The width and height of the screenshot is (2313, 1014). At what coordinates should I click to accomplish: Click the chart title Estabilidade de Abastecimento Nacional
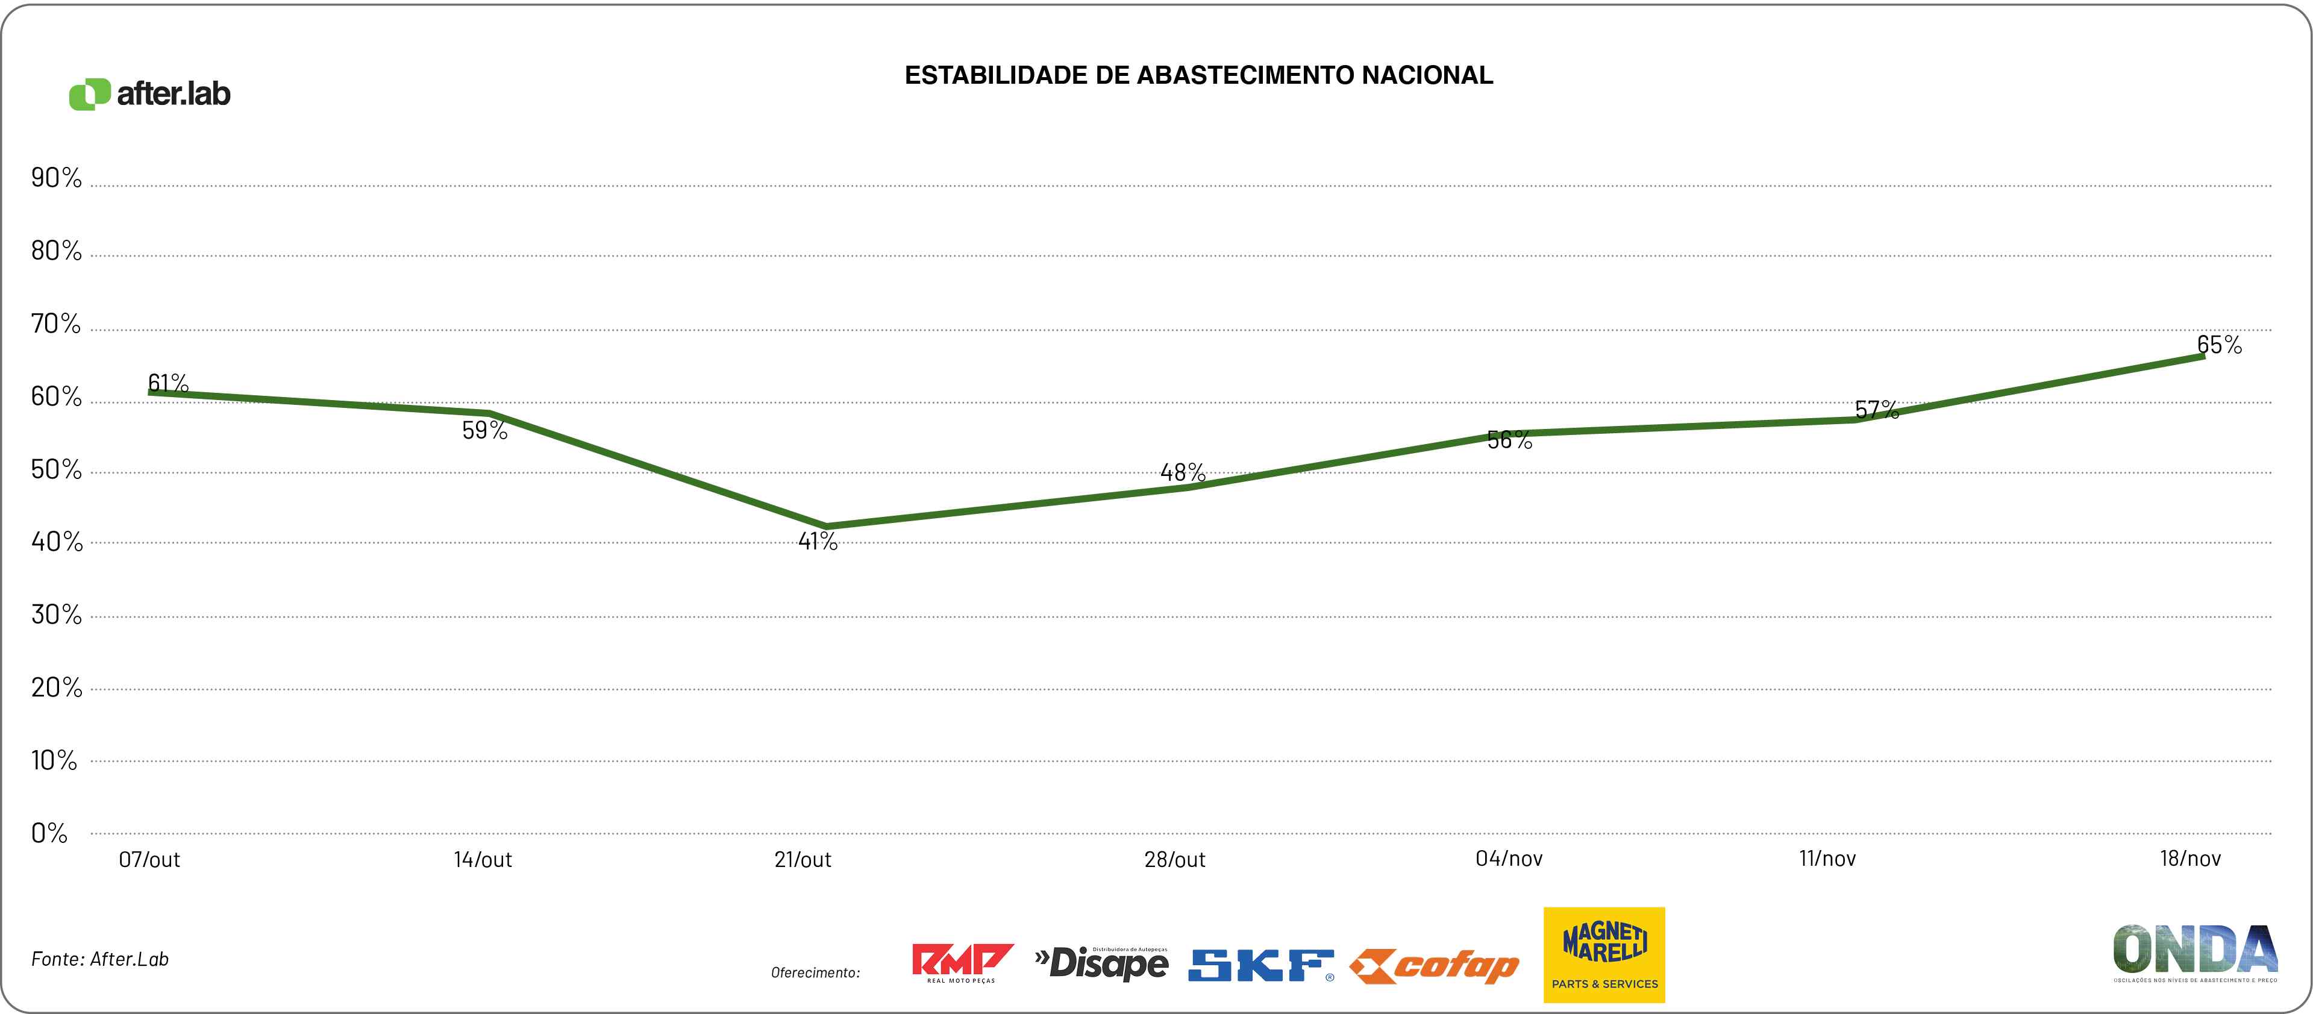click(x=1199, y=75)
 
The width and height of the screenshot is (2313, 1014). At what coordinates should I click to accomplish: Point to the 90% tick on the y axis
click(x=55, y=178)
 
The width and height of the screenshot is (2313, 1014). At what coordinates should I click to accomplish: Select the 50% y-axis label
click(x=55, y=470)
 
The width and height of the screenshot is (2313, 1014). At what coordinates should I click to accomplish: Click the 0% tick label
click(x=49, y=833)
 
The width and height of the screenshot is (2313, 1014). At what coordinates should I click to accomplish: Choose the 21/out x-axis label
click(x=803, y=860)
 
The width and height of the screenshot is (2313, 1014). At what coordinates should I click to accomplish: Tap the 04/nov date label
click(x=1509, y=859)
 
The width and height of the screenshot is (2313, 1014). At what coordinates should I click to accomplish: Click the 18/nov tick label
click(x=2190, y=859)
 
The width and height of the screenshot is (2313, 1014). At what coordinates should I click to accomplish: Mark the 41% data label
click(x=817, y=542)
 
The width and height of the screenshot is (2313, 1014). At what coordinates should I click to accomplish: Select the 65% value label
click(x=2219, y=345)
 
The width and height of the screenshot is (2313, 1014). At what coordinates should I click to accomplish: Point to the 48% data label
click(x=1183, y=472)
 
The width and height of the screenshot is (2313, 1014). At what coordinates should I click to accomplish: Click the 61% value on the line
click(x=168, y=384)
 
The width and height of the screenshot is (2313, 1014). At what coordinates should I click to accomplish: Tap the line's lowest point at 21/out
click(x=826, y=527)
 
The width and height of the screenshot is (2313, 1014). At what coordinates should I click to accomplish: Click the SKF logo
click(x=1260, y=965)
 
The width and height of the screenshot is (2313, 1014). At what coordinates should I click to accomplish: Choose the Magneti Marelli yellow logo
click(x=1604, y=955)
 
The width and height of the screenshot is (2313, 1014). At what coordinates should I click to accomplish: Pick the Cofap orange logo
click(x=1434, y=966)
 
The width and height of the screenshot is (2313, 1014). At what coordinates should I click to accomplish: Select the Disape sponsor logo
click(x=1102, y=963)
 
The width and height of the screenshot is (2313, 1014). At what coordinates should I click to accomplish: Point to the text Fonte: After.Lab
click(x=99, y=959)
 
